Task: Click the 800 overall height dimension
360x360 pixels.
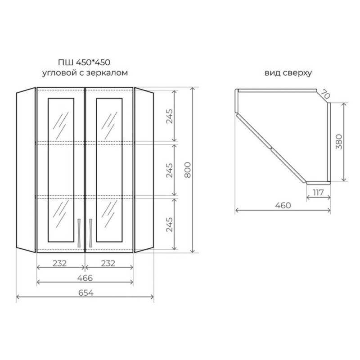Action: click(188, 170)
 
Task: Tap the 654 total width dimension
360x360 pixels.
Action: click(86, 293)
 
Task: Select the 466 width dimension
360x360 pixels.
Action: click(85, 278)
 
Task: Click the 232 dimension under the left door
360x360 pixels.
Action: click(60, 263)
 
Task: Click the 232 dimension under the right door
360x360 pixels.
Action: click(108, 263)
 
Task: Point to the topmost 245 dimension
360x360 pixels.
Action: click(169, 116)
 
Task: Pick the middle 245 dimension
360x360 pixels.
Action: click(169, 171)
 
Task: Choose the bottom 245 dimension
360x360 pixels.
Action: click(169, 225)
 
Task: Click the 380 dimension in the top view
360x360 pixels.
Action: click(339, 142)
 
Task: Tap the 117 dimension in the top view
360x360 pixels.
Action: click(318, 193)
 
